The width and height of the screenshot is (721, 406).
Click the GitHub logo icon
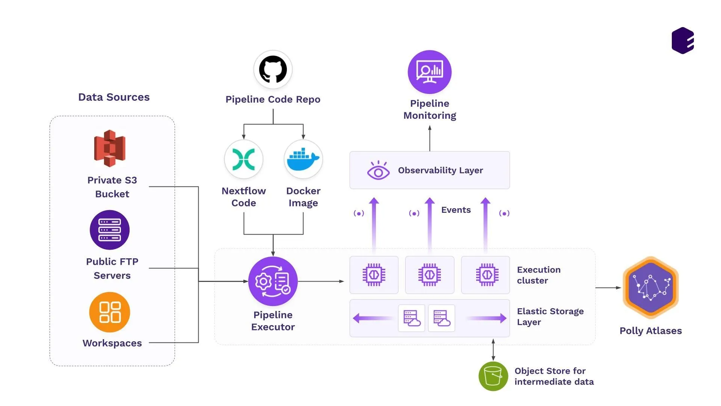coord(273,70)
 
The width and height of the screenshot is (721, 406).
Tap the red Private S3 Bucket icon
coord(110,148)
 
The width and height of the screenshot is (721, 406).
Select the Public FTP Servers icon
coord(110,230)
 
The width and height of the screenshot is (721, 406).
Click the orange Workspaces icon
coord(110,312)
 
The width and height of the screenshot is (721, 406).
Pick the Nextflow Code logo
coord(244,159)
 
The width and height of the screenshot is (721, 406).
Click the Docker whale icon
coord(303,159)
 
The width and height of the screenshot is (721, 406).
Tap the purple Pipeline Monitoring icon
coord(430,72)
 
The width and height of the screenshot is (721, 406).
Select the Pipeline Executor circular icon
coord(273,281)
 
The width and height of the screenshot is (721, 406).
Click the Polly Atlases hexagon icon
coord(650,288)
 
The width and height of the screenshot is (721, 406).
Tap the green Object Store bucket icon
coord(493,376)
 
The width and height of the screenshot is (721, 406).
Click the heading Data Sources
coord(114,97)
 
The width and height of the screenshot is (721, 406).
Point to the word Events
coord(456,210)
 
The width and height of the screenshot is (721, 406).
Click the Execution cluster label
coord(538,275)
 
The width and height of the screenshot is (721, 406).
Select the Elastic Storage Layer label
coord(550,317)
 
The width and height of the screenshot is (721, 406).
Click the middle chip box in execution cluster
coord(430,275)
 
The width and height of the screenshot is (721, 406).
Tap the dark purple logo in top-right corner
coord(683,41)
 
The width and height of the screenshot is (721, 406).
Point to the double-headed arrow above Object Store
coord(493,350)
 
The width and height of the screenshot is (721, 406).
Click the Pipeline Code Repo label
coord(273,99)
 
